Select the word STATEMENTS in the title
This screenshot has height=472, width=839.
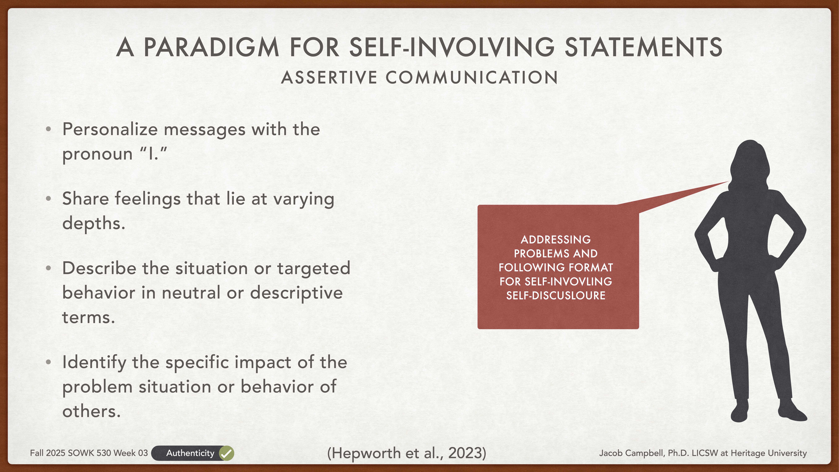tap(643, 48)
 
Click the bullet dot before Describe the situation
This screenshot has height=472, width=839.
tap(49, 268)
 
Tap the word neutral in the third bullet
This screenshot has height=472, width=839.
tap(191, 293)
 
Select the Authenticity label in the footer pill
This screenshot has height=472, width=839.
tap(190, 453)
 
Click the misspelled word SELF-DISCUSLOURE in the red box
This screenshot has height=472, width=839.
tap(556, 295)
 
